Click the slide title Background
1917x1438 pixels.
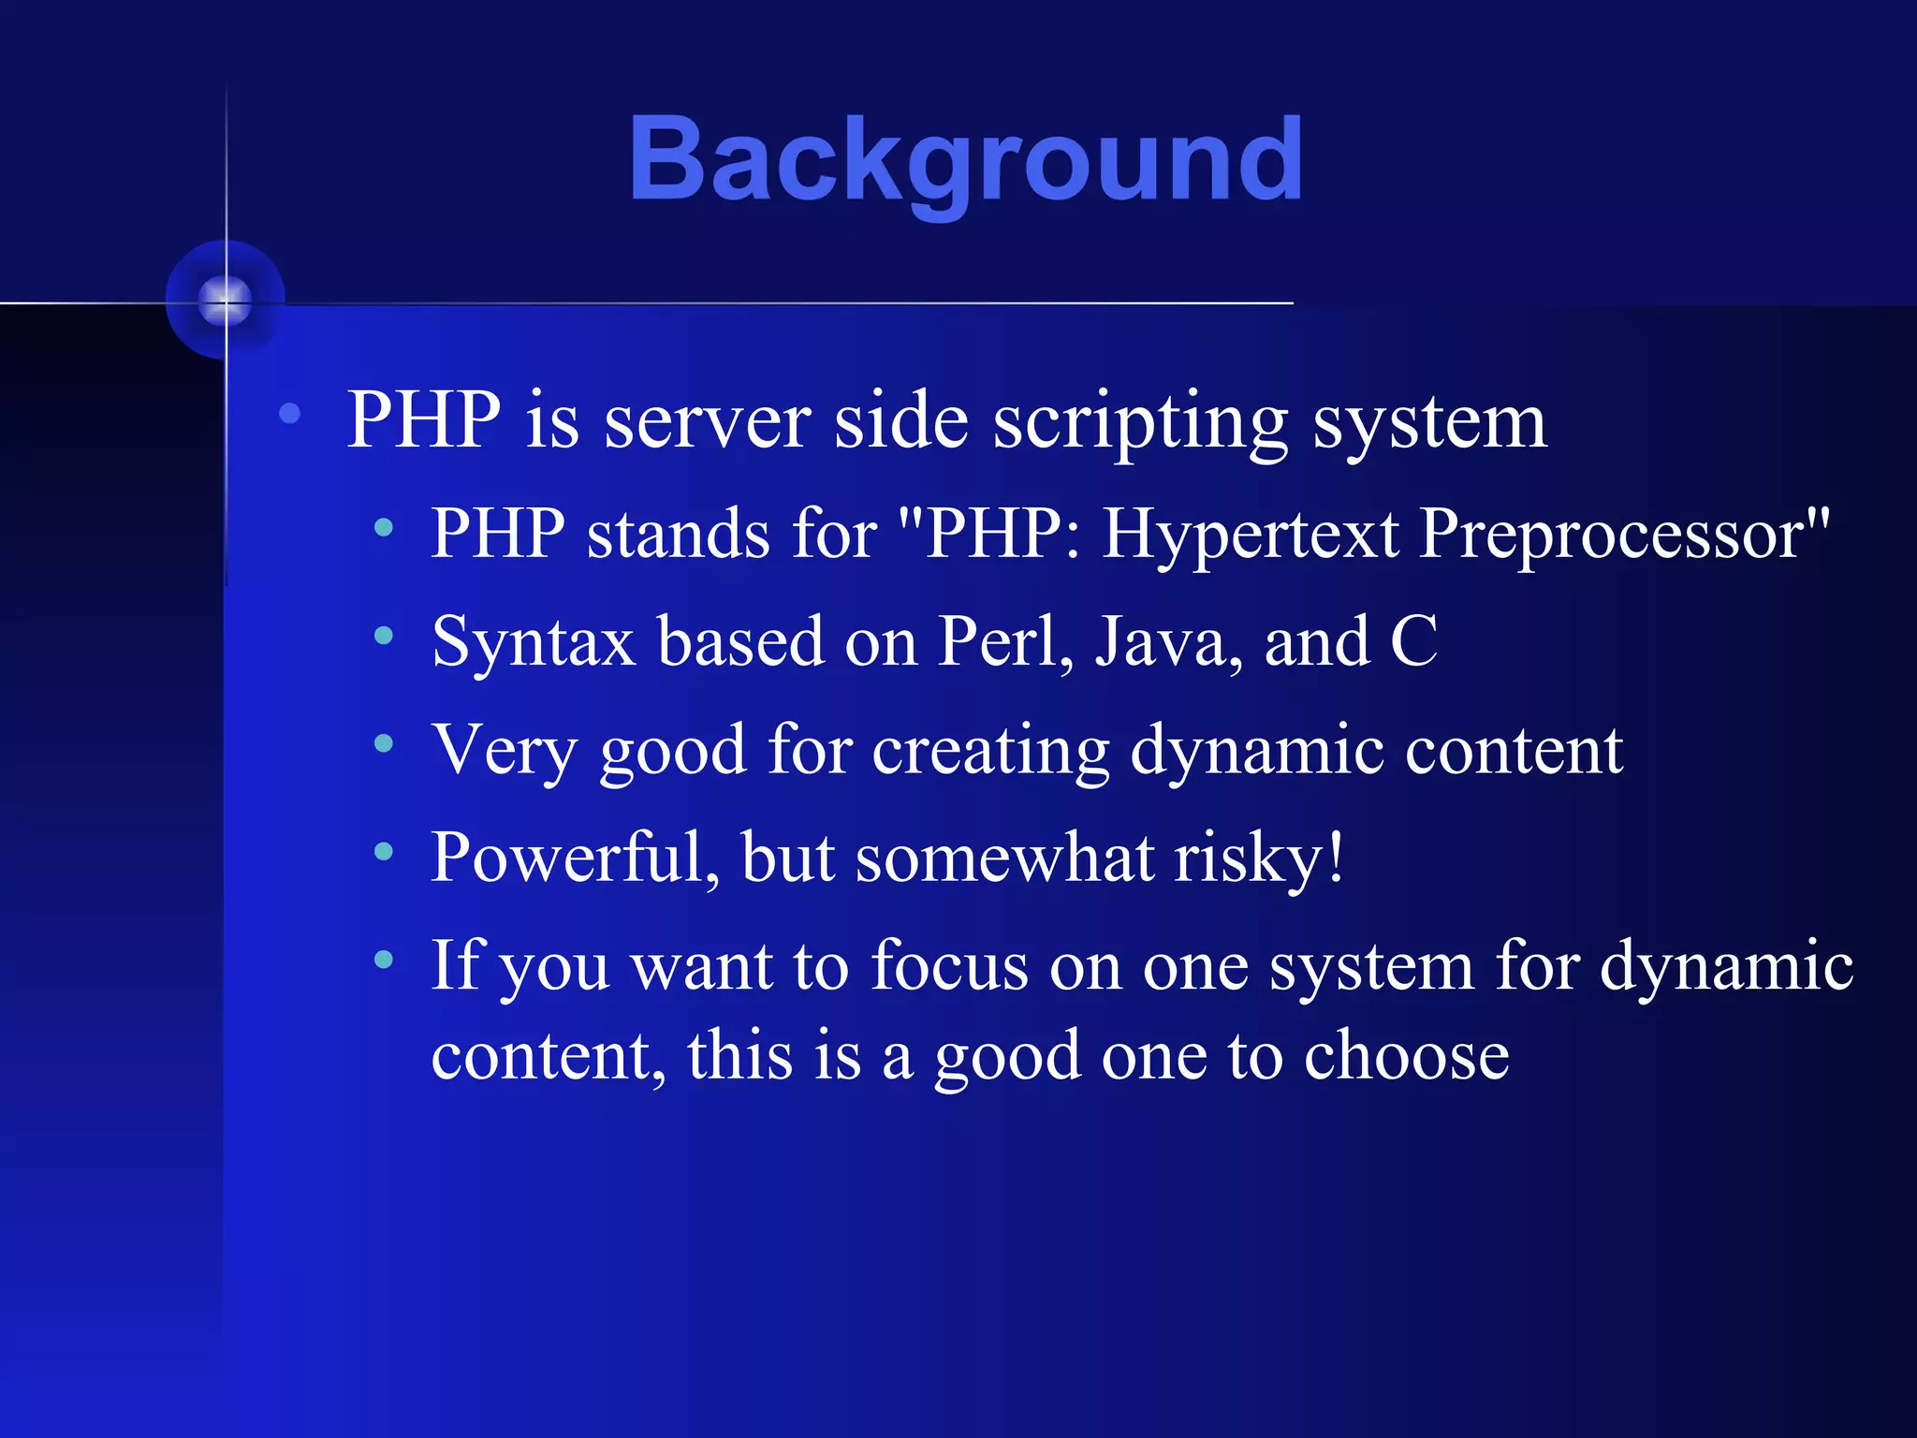[x=966, y=159]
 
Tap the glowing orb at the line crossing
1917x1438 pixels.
[x=226, y=301]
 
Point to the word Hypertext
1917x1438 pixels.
[x=1251, y=534]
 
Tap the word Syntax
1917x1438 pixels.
[x=534, y=642]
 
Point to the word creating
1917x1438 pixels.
[x=990, y=750]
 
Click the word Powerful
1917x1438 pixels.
[x=574, y=858]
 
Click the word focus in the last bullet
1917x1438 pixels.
[x=948, y=965]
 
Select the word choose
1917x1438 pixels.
[x=1406, y=1055]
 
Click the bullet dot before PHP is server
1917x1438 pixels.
[x=290, y=413]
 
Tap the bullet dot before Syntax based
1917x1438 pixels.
[x=383, y=636]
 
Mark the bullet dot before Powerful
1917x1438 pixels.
[x=383, y=851]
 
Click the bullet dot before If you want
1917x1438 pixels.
[x=383, y=959]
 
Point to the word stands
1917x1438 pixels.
[x=678, y=534]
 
